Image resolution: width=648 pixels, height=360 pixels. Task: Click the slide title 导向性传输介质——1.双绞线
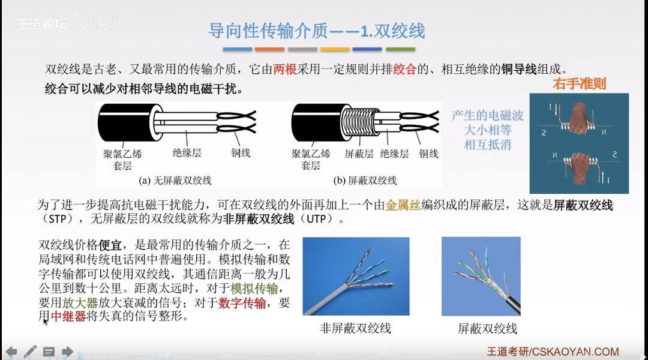point(316,30)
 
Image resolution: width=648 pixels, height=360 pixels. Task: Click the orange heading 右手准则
point(579,84)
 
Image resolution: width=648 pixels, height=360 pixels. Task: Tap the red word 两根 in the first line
point(285,70)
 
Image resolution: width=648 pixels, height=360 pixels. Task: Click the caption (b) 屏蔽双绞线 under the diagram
point(364,180)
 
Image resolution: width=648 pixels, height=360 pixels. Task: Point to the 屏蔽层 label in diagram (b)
point(359,154)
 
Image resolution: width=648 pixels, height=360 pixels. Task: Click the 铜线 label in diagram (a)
point(241,154)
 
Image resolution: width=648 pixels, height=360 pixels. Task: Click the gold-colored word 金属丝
point(400,205)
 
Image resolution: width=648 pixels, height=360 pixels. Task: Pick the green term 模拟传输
point(254,288)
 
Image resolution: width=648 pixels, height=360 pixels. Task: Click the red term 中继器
point(68,316)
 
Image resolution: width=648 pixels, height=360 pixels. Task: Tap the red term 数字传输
point(242,302)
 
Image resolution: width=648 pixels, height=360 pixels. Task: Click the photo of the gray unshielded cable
point(356,276)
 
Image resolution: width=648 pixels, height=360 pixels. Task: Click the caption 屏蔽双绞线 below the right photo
point(487,329)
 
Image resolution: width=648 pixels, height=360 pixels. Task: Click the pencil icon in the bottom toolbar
point(31,351)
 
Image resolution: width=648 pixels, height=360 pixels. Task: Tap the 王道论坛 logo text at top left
point(42,24)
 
